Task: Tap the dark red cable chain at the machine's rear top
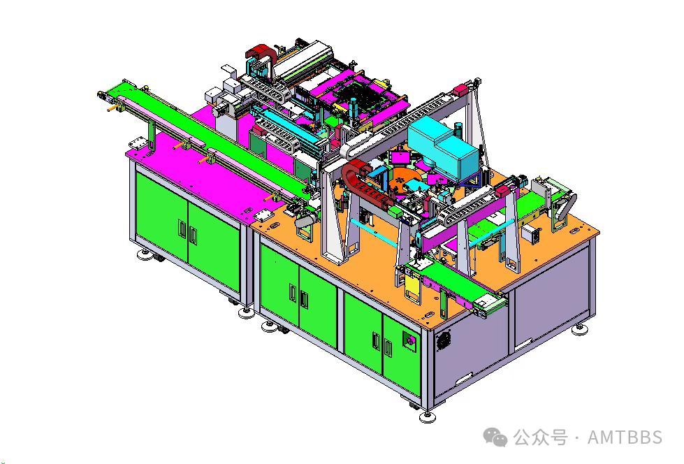261,55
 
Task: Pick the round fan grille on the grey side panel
443,340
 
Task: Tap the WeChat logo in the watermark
495,437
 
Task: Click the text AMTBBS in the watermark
625,437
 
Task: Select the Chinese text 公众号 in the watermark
540,437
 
